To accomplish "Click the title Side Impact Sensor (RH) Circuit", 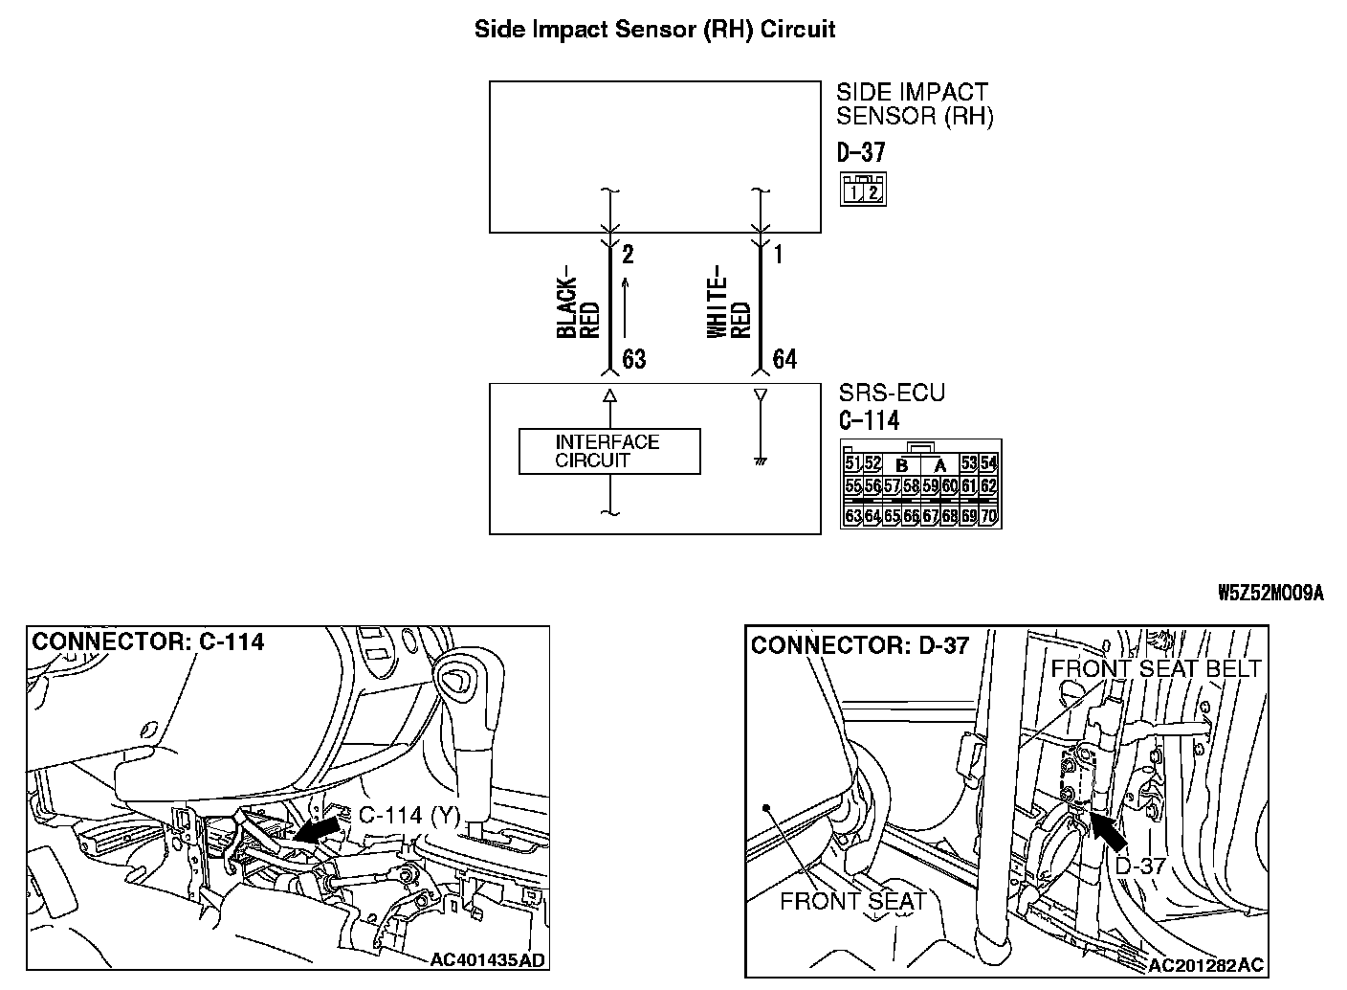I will (x=654, y=29).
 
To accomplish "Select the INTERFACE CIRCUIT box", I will (x=608, y=451).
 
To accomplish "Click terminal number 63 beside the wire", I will (x=634, y=359).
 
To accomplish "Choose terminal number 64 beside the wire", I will (x=784, y=359).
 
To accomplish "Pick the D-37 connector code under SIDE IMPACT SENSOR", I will (x=861, y=151).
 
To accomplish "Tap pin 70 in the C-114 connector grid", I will (x=989, y=517).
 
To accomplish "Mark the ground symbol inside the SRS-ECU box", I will (x=761, y=461).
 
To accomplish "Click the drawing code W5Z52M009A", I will (x=1270, y=593).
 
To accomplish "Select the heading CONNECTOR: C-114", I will (x=148, y=641).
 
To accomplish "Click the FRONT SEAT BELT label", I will (x=1156, y=668).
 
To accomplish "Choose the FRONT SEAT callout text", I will (x=852, y=900).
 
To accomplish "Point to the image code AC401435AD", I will (x=488, y=960).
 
